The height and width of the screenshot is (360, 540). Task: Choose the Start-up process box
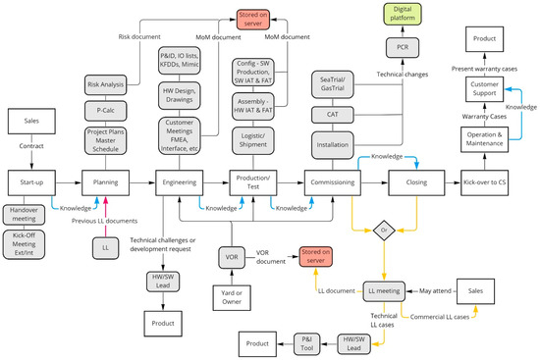coord(30,181)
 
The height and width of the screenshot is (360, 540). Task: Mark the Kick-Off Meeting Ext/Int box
coord(30,242)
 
